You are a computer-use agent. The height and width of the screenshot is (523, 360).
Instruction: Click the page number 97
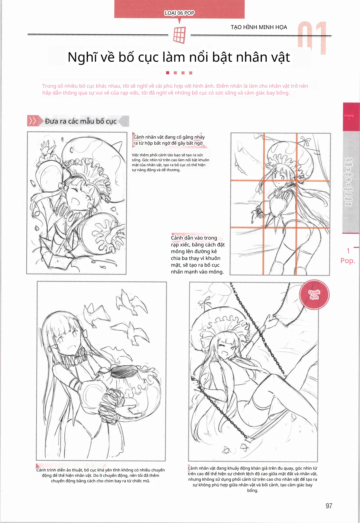(329, 506)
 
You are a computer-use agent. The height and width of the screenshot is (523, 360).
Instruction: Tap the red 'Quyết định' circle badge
(314, 295)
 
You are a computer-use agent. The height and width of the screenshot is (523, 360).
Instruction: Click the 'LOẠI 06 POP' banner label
(179, 13)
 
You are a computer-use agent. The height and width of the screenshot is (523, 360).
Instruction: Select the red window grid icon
(179, 35)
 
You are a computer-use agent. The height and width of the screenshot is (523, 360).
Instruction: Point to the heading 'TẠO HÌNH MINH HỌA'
(259, 27)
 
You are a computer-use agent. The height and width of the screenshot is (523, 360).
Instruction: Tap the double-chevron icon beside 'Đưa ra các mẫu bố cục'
(32, 121)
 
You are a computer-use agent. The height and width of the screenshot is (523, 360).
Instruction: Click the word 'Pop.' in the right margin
(348, 261)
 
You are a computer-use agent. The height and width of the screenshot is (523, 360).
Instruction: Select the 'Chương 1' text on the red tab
(349, 117)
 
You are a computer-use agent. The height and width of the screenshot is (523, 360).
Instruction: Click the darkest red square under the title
(168, 73)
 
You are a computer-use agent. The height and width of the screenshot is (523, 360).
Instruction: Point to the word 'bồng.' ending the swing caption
(253, 490)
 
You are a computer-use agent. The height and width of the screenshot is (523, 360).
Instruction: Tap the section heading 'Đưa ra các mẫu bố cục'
(81, 121)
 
